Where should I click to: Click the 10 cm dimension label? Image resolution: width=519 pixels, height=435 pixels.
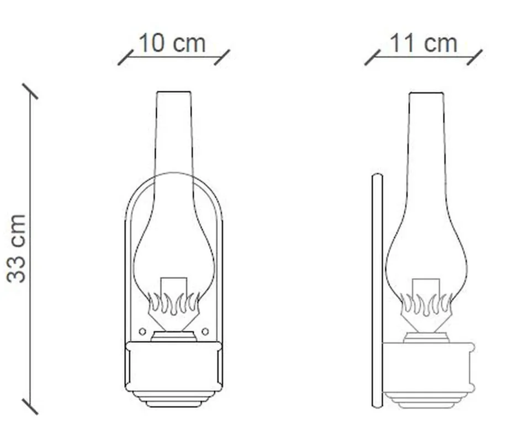[172, 43]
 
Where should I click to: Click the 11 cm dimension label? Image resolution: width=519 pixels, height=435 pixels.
[423, 43]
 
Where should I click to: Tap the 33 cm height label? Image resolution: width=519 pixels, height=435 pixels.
[16, 249]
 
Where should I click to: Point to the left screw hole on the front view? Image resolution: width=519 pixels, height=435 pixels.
[142, 331]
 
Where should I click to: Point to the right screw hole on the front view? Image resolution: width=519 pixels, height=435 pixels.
[205, 331]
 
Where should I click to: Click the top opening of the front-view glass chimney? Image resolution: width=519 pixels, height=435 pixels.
[174, 92]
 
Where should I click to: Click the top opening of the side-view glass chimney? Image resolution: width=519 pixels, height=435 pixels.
[426, 93]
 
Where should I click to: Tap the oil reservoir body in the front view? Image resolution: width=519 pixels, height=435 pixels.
[173, 366]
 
